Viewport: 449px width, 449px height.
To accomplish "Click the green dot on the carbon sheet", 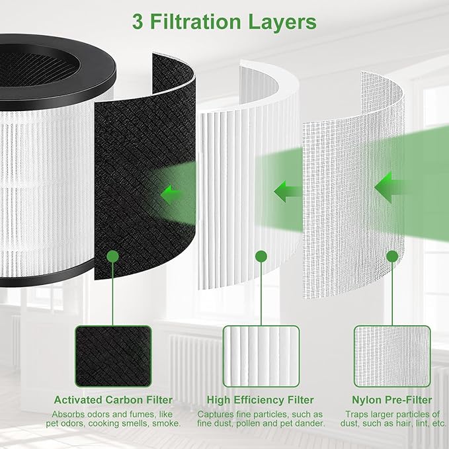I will (113, 255).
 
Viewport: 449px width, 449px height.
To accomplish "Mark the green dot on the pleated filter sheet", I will (261, 255).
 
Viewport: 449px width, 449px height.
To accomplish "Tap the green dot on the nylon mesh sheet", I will (392, 255).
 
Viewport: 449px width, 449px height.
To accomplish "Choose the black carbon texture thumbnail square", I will (113, 356).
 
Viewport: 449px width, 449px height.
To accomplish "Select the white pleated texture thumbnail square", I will (261, 356).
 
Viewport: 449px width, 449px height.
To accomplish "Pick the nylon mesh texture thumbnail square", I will (392, 356).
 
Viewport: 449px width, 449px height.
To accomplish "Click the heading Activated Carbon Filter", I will (113, 400).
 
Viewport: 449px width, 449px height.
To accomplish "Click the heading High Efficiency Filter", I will (261, 400).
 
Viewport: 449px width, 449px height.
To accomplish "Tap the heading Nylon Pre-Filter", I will (393, 400).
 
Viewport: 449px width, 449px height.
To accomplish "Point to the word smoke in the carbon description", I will (166, 424).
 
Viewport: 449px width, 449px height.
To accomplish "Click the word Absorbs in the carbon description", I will (68, 414).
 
